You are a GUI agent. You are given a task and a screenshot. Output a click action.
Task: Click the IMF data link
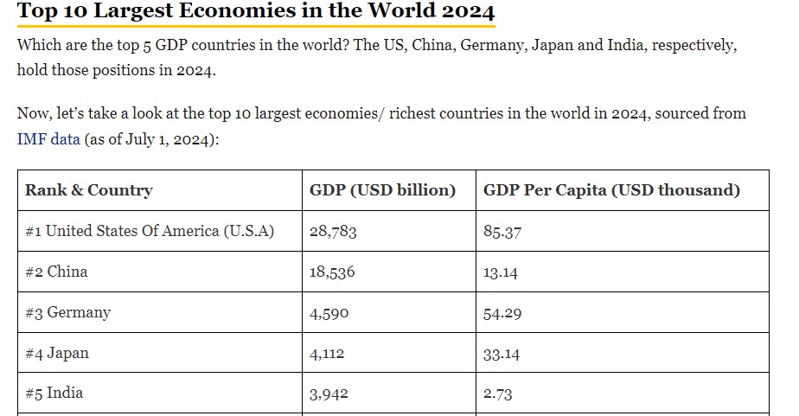(x=48, y=138)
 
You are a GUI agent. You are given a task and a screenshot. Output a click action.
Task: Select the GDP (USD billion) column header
(x=382, y=190)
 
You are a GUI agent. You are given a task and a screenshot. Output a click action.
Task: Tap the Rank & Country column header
(x=89, y=190)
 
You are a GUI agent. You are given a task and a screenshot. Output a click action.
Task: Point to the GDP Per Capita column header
(x=611, y=190)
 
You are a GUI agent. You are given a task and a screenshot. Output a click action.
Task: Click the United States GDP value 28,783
(x=333, y=232)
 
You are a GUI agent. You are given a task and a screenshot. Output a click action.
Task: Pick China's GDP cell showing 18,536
(x=332, y=272)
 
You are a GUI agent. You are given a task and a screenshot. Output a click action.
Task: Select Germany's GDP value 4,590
(x=329, y=313)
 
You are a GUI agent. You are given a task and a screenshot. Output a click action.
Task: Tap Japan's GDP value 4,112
(x=327, y=353)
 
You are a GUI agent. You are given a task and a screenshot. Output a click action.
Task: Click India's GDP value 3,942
(x=329, y=394)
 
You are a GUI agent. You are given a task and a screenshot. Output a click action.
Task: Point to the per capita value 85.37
(x=502, y=232)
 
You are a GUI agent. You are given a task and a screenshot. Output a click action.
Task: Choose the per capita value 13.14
(x=500, y=272)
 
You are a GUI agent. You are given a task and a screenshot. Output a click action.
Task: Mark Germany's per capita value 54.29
(x=502, y=313)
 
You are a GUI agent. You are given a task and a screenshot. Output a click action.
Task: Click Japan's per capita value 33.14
(x=501, y=354)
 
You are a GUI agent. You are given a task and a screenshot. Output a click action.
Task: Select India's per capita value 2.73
(x=497, y=394)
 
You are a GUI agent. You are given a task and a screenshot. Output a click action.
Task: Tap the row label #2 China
(x=56, y=272)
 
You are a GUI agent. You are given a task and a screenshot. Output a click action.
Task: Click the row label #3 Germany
(x=67, y=312)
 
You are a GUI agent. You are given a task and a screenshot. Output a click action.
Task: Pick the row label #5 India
(x=54, y=393)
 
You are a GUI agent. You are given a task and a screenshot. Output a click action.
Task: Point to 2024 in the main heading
(x=469, y=10)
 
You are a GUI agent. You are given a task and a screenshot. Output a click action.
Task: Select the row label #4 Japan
(x=56, y=353)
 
